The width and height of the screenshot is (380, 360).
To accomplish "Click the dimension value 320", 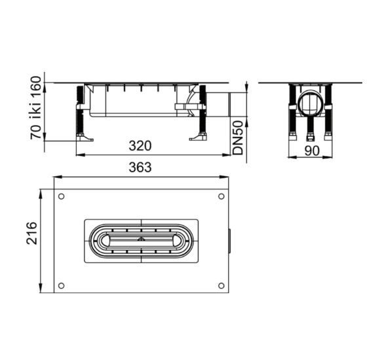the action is pos(140,146).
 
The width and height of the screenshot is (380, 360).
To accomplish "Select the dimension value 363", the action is pos(140,168).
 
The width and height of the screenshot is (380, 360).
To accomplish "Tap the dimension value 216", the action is pos(32,233).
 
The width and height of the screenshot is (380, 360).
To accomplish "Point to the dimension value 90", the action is pos(312,151).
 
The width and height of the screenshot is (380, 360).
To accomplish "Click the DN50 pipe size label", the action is pos(238,137).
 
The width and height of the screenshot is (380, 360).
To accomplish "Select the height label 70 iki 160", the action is pos(35,108).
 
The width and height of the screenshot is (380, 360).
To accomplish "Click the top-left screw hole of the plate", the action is pos(62,196).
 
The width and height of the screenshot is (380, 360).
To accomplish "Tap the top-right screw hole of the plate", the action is pos(221,196).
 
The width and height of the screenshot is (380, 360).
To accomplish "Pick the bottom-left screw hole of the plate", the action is pos(62,285).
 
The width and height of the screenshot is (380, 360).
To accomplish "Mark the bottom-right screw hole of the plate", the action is pos(221,285).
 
